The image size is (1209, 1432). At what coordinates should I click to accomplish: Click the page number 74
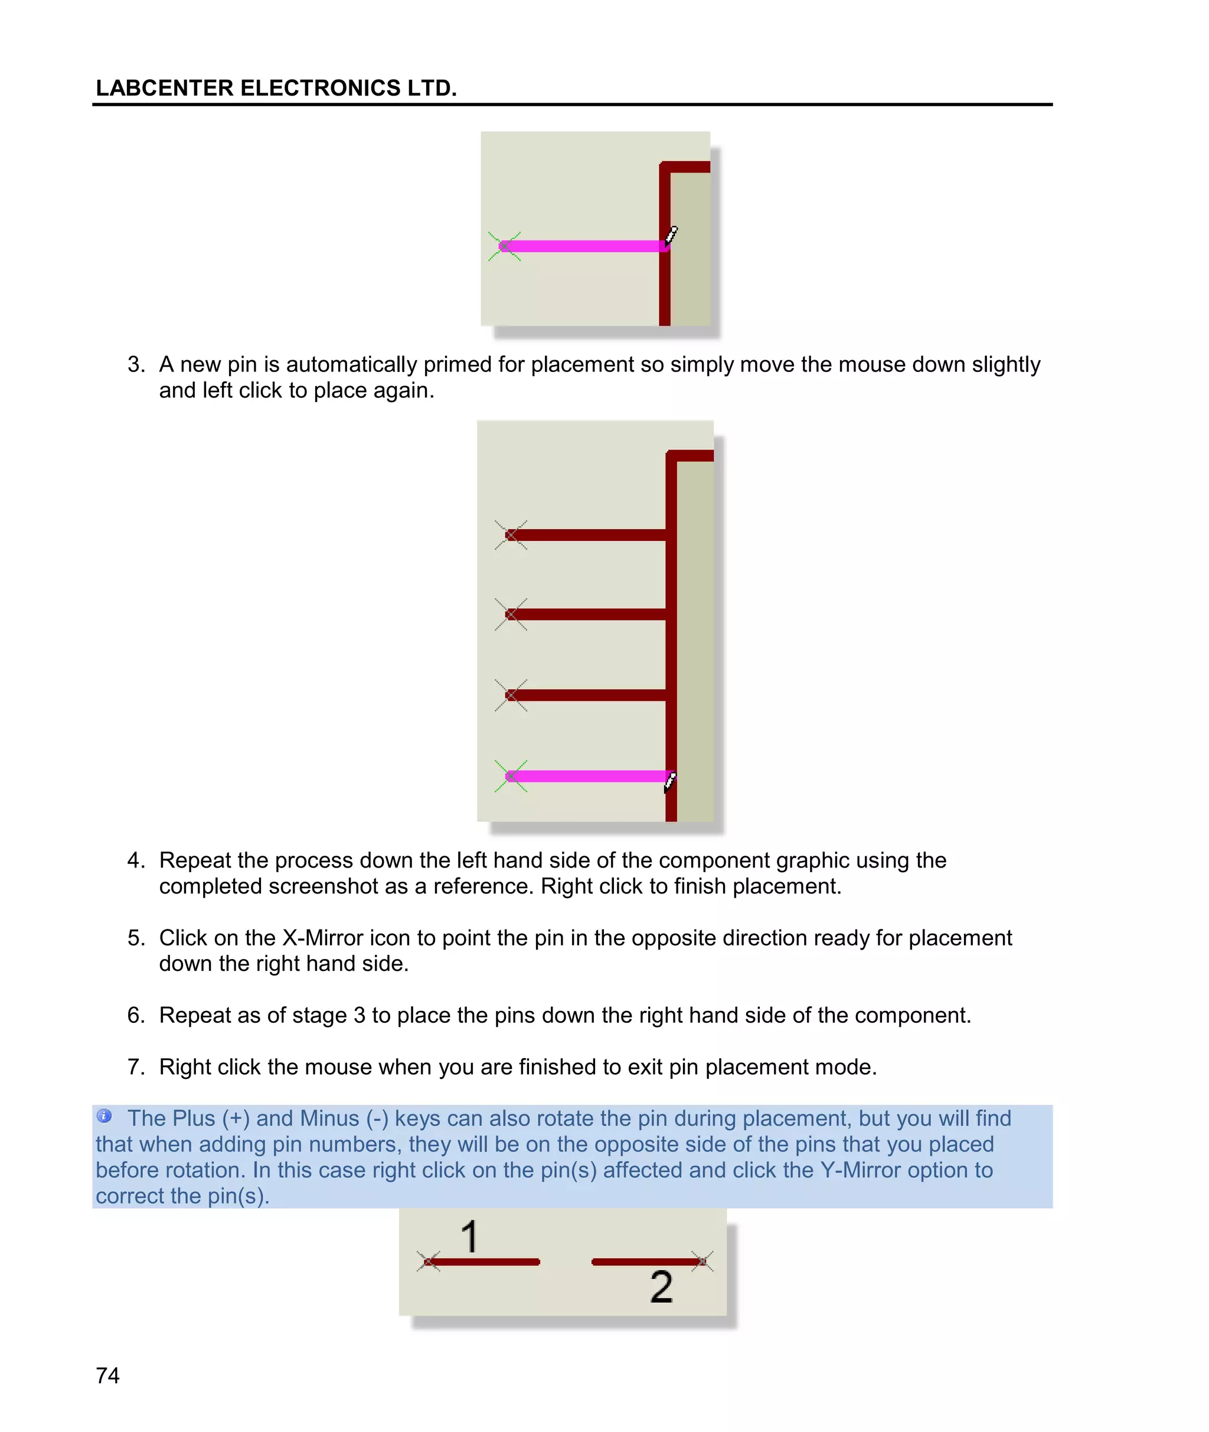point(107,1375)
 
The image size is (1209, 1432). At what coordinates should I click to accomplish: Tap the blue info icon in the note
point(104,1116)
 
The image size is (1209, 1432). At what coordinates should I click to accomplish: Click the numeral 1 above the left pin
point(469,1237)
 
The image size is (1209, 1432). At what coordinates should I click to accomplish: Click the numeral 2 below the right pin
point(661,1287)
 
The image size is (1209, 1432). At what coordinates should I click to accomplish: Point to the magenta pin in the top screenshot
point(583,246)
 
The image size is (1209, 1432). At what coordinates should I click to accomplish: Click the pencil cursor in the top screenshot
point(671,236)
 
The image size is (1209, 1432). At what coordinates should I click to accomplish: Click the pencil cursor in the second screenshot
point(670,781)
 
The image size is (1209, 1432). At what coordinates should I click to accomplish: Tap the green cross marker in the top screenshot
point(504,246)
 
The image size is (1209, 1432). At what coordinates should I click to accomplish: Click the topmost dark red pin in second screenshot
point(589,534)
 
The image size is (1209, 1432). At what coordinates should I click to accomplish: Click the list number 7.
point(136,1067)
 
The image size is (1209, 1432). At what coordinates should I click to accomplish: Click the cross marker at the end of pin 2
point(702,1261)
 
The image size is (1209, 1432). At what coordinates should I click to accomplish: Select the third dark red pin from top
point(589,695)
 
